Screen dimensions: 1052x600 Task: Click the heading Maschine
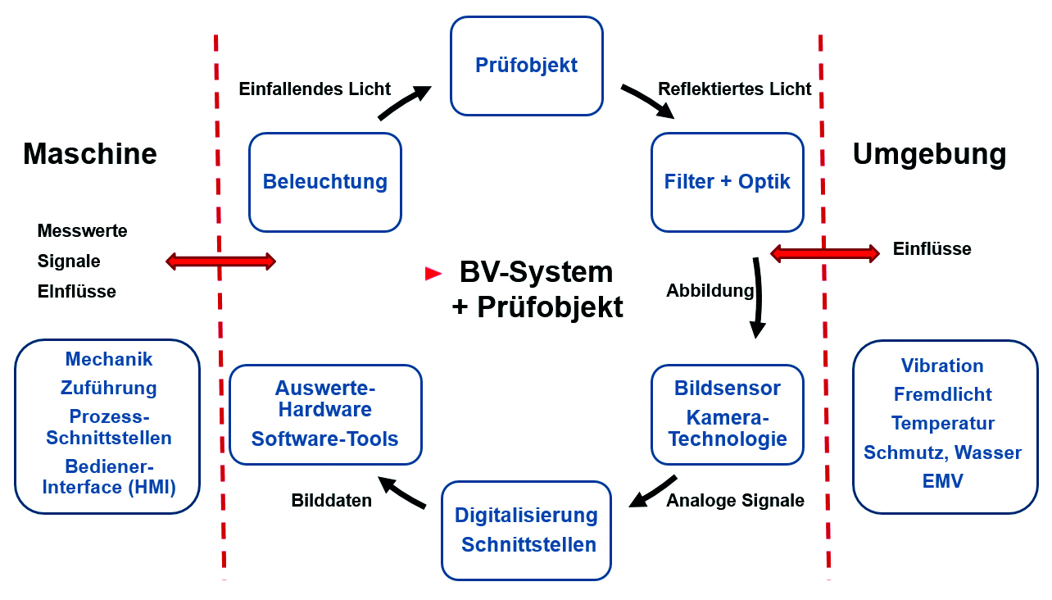coord(89,153)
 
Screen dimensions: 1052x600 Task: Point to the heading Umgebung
coord(929,155)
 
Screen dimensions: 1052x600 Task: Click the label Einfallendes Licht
coord(315,89)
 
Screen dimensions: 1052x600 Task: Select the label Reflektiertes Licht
coord(735,89)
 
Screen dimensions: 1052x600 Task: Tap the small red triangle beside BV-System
coord(433,274)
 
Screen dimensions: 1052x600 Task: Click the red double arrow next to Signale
coord(220,261)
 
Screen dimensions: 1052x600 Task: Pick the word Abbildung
coord(710,291)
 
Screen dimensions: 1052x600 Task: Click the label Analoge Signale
coord(735,500)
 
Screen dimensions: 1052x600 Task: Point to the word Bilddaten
coord(331,500)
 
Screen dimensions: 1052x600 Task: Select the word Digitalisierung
coord(526,516)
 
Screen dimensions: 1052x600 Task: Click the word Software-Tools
coord(324,439)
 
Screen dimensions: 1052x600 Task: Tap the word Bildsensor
coord(728,388)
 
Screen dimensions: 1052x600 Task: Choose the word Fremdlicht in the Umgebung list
coord(942,395)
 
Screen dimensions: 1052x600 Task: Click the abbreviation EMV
coord(942,481)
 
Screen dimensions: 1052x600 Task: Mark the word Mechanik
coord(108,359)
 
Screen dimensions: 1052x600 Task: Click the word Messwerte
coord(82,230)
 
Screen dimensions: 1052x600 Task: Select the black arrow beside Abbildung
coord(759,297)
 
